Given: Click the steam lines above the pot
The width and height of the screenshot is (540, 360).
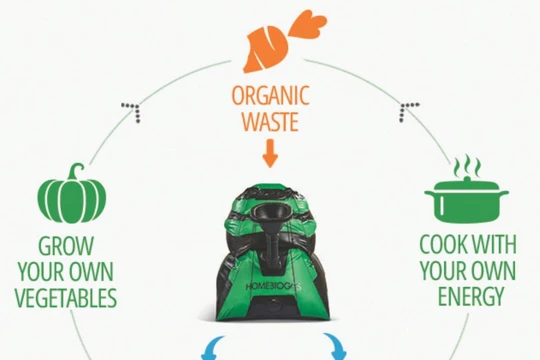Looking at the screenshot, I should click(x=467, y=166).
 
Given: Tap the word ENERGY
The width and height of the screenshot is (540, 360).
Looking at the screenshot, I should click(x=469, y=297).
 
